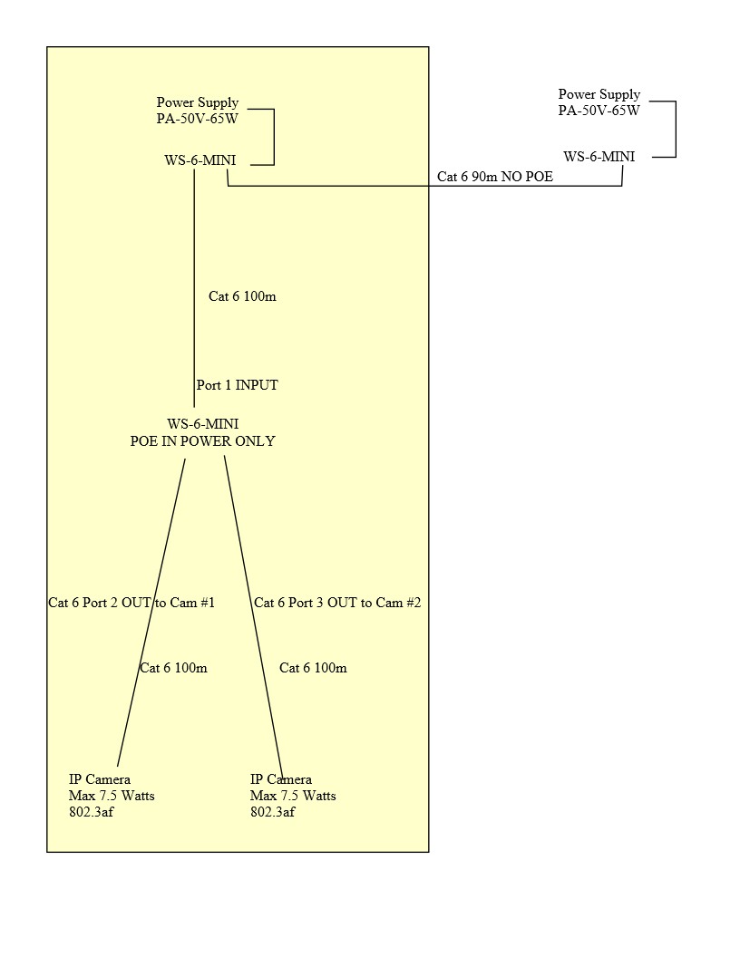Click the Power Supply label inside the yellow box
[198, 102]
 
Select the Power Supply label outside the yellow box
[599, 94]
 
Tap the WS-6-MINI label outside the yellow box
[599, 156]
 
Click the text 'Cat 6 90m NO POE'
[495, 177]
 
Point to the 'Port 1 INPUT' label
[238, 385]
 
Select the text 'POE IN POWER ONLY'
[203, 441]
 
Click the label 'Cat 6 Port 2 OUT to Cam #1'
[131, 603]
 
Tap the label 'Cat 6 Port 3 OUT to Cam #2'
[337, 603]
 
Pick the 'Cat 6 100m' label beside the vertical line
[242, 296]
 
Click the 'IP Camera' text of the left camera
[100, 779]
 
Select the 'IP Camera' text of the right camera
[281, 779]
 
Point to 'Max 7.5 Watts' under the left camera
[112, 796]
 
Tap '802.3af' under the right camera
[272, 812]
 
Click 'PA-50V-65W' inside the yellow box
[198, 119]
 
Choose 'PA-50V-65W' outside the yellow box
[599, 111]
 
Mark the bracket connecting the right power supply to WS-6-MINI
[676, 130]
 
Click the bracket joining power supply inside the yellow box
[273, 137]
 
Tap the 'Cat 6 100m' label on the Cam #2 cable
[313, 668]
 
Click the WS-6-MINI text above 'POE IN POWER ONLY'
[203, 423]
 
